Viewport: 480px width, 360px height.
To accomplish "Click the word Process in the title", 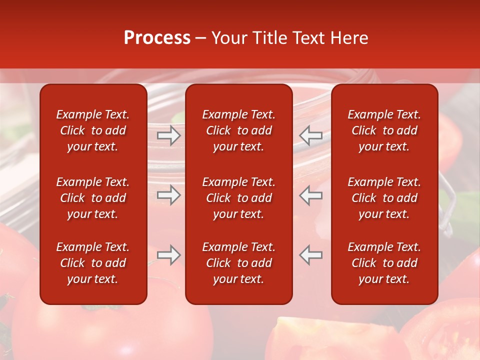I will point(157,38).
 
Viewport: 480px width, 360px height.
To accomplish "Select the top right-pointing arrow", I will point(169,135).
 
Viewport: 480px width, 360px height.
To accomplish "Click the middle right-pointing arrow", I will point(169,195).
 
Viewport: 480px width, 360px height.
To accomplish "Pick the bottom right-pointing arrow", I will point(169,255).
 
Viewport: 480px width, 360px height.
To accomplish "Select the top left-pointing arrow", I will point(311,135).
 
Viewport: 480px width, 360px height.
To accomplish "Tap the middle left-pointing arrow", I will point(311,195).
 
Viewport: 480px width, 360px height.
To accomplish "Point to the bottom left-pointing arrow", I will point(311,255).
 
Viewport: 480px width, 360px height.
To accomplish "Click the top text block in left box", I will point(93,130).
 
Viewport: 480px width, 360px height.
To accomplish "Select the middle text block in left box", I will point(93,198).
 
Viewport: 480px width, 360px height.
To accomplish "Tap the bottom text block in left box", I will point(93,263).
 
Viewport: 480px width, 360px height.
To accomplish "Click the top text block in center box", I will point(239,130).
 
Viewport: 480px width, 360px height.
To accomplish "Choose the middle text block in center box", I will point(239,198).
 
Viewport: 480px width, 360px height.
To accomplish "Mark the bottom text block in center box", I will point(239,263).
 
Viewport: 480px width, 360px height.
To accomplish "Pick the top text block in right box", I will point(384,130).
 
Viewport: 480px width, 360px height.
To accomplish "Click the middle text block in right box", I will point(384,198).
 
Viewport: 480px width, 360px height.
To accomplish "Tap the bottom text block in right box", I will point(384,263).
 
